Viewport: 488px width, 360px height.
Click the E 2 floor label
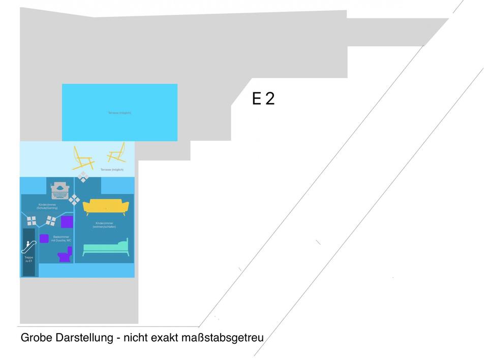coord(263,98)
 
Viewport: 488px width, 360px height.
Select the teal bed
coord(106,248)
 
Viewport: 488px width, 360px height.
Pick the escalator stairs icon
coord(27,247)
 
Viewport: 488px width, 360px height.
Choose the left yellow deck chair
coord(83,158)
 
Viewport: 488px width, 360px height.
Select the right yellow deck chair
coord(117,153)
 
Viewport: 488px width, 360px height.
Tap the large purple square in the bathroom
coord(67,222)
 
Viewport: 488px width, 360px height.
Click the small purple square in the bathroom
coord(44,238)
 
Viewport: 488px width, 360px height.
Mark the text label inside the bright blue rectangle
coord(119,112)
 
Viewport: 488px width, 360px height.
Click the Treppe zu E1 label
coord(28,260)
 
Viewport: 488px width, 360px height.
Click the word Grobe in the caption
coord(33,337)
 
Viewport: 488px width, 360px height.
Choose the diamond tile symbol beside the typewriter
coord(75,199)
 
